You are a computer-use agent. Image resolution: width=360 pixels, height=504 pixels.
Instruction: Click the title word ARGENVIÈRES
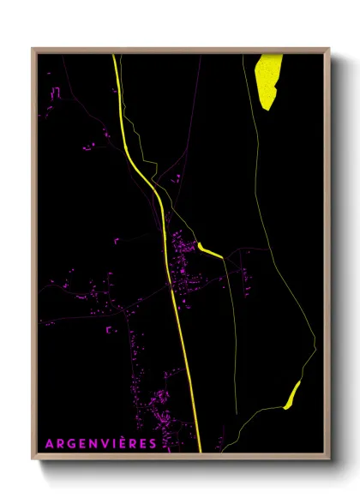pyautogui.click(x=101, y=443)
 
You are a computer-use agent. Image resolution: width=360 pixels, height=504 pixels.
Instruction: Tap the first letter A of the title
pyautogui.click(x=49, y=443)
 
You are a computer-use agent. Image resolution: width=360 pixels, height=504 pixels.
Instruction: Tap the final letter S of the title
pyautogui.click(x=153, y=443)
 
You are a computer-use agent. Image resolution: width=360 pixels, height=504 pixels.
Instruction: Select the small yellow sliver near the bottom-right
pyautogui.click(x=291, y=394)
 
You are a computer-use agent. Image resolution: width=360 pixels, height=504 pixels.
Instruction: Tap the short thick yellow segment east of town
pyautogui.click(x=210, y=249)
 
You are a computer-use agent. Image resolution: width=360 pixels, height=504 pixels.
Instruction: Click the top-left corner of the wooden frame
pyautogui.click(x=33, y=50)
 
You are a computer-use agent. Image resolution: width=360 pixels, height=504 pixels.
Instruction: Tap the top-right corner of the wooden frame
pyautogui.click(x=328, y=50)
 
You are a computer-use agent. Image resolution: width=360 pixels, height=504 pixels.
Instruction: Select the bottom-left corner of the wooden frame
pyautogui.click(x=33, y=458)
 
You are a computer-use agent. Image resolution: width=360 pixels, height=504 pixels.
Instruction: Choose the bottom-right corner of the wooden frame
pyautogui.click(x=328, y=458)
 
